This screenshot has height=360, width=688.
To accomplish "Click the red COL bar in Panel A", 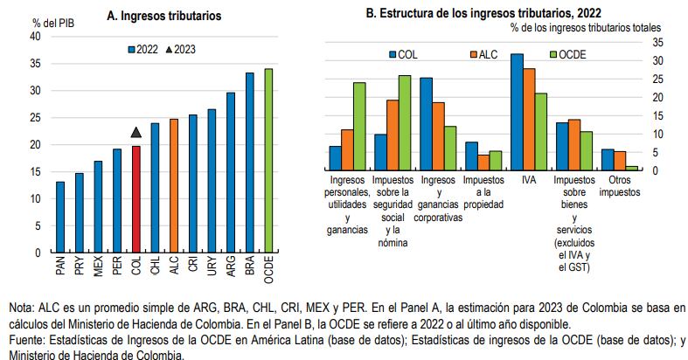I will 136,199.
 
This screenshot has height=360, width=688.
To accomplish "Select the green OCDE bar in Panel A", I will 268,161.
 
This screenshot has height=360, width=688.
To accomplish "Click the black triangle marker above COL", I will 136,132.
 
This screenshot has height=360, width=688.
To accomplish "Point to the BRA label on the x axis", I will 249,267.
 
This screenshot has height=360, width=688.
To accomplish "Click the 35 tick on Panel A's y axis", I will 34,63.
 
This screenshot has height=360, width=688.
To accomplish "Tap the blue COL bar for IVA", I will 517,111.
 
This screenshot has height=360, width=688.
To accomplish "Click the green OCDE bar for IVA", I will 541,131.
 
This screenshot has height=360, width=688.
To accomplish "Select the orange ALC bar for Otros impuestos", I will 621,160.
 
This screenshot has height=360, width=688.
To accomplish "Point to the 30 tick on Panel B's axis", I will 657,60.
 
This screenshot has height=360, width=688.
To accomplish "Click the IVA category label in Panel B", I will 528,179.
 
